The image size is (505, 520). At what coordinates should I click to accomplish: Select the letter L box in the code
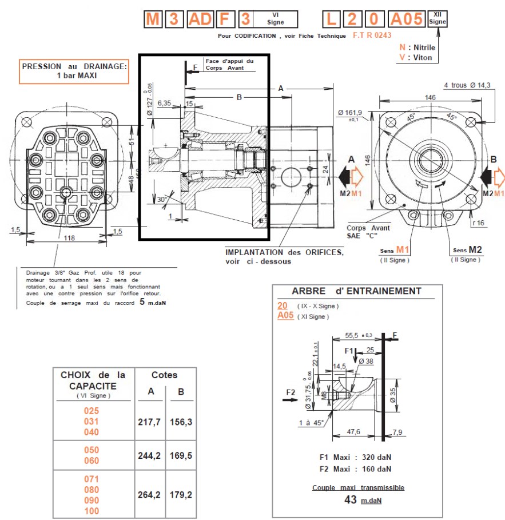[331, 19]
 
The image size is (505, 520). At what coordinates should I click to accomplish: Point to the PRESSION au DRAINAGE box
[74, 71]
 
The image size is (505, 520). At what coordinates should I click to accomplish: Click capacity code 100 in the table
[92, 511]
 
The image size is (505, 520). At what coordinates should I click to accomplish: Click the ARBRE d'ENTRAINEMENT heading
[356, 291]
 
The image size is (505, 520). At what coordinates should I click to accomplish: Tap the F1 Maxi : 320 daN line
[355, 457]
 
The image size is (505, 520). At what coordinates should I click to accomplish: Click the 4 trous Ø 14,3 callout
[467, 86]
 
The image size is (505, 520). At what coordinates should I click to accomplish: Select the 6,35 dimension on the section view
[164, 104]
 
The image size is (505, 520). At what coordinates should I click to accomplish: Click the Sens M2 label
[466, 250]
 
